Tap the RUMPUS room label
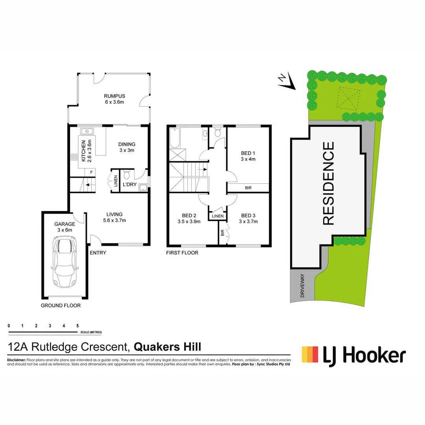pos(115,96)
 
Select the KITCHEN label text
pos(83,152)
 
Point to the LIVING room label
pos(115,214)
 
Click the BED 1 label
pos(248,153)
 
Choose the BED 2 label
pos(189,215)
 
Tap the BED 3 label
pos(248,215)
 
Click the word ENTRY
pos(98,253)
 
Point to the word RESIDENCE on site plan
pos(329,183)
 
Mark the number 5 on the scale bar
pos(78,326)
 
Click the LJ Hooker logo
pos(353,355)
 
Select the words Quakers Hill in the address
pos(168,347)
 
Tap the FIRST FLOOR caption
pos(182,253)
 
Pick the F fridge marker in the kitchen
pos(91,172)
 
